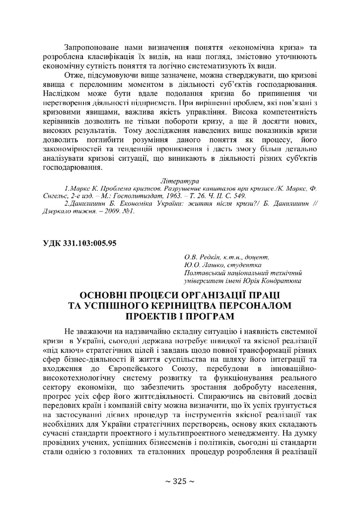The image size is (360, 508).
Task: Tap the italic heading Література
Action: (179, 182)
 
